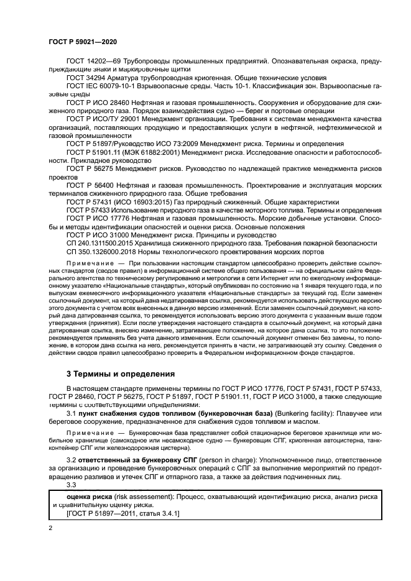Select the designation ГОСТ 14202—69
click(x=93, y=61)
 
